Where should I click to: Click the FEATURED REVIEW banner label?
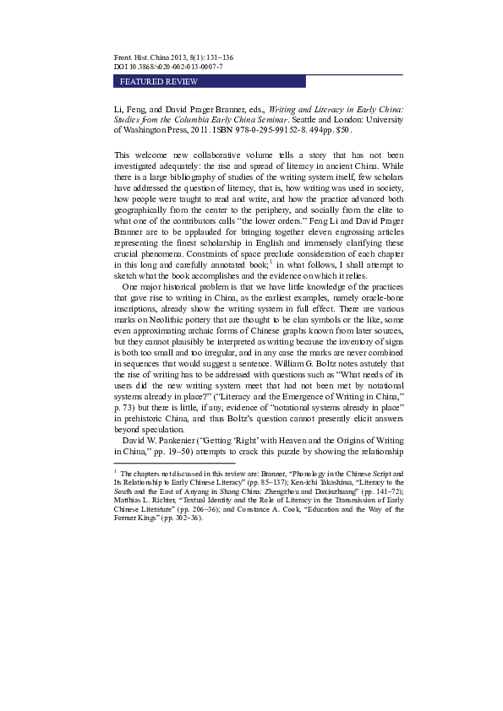click(x=159, y=82)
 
